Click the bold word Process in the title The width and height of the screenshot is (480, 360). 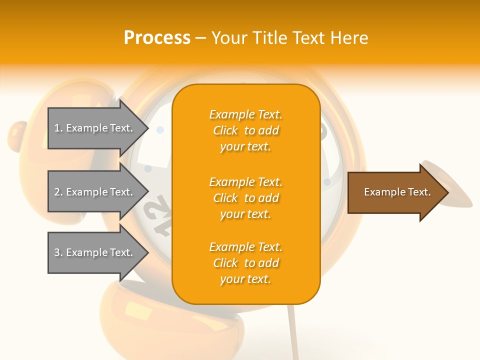coord(157,38)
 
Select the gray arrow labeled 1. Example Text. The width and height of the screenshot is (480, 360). coord(95,128)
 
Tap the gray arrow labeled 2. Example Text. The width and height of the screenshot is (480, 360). coord(95,192)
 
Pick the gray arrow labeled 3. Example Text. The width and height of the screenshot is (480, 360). coord(95,252)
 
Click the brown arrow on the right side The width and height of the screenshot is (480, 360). coord(395,192)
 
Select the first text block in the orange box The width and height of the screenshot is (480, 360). coord(245,130)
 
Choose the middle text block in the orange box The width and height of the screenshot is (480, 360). coord(245,198)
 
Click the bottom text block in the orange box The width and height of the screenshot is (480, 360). coord(245,263)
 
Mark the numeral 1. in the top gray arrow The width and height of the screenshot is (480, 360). coord(58,128)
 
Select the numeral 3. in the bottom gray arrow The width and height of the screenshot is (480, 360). coord(58,252)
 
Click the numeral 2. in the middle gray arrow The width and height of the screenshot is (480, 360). coord(58,192)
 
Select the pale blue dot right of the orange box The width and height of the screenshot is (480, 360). coord(327,182)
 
